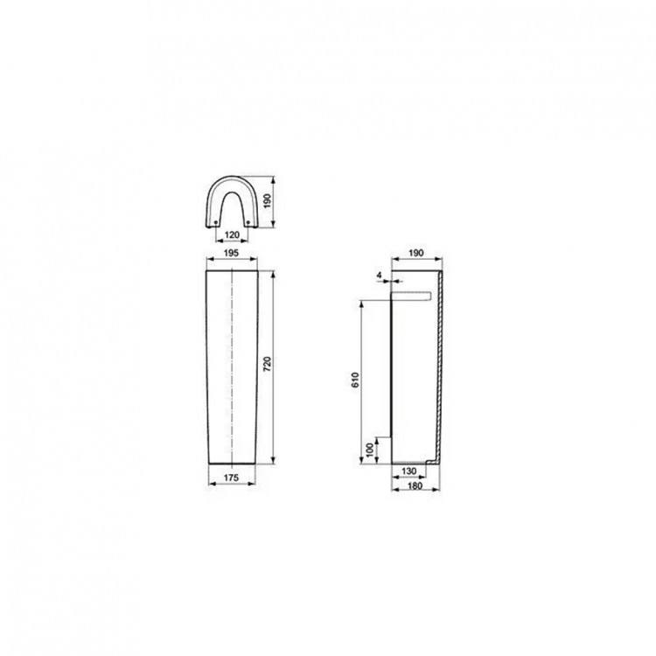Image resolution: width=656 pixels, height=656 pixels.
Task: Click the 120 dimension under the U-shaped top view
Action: pyautogui.click(x=233, y=236)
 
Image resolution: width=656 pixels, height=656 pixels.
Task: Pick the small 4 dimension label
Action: pyautogui.click(x=378, y=276)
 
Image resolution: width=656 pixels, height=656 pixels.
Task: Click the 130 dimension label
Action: pyautogui.click(x=407, y=471)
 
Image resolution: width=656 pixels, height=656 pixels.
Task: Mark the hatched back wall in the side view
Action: pyautogui.click(x=443, y=367)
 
